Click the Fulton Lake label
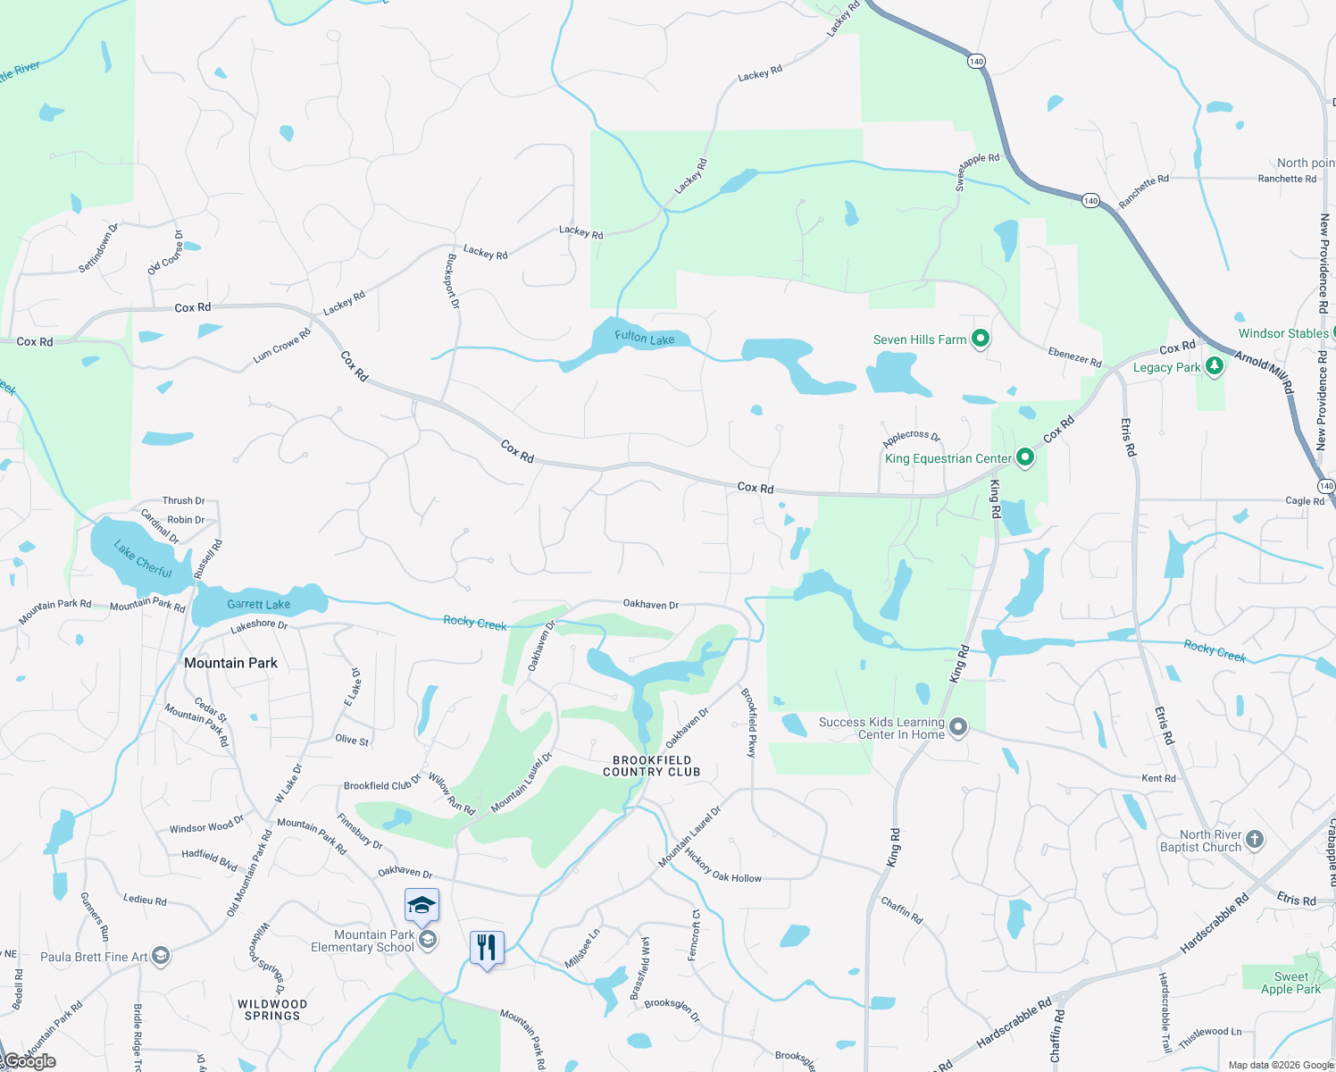click(x=644, y=338)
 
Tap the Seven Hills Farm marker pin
click(x=981, y=339)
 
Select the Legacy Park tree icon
click(x=1214, y=366)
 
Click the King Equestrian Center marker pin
click(x=1025, y=458)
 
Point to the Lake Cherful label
click(x=143, y=558)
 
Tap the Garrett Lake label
click(x=258, y=605)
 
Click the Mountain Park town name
click(x=230, y=663)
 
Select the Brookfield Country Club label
click(x=651, y=766)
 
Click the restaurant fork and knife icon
click(x=487, y=947)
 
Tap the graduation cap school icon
click(x=422, y=906)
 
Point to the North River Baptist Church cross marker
click(x=1255, y=839)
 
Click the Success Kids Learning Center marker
click(x=958, y=727)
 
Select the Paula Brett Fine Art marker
click(x=161, y=957)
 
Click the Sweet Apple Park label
click(x=1290, y=983)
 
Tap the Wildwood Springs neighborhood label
click(x=272, y=1010)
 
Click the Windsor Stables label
click(x=1283, y=333)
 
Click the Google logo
click(x=29, y=1061)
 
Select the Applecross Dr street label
click(x=911, y=438)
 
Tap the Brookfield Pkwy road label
click(x=749, y=723)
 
